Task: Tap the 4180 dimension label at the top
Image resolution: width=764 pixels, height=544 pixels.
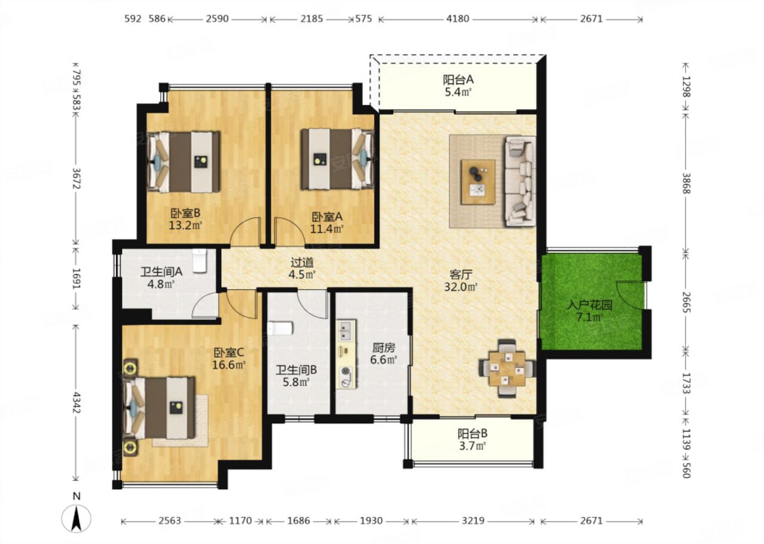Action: [x=458, y=19]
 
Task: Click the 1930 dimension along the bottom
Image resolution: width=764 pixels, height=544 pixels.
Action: [x=371, y=521]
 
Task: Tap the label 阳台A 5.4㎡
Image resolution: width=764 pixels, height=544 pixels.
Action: [x=458, y=86]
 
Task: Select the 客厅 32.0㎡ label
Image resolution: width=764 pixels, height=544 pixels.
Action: [x=460, y=280]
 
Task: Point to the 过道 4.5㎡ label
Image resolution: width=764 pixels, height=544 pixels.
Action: [x=302, y=268]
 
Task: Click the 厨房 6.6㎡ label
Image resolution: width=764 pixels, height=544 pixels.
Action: [x=384, y=354]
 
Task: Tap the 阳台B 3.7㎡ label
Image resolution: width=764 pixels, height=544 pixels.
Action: [x=472, y=440]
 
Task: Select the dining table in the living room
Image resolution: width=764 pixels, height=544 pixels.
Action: [x=507, y=368]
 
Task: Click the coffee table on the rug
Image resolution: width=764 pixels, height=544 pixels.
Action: [x=478, y=182]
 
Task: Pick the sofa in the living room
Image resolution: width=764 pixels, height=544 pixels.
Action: [x=520, y=181]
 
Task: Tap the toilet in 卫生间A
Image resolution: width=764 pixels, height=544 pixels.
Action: [x=199, y=261]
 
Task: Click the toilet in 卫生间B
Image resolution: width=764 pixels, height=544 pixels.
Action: [x=280, y=328]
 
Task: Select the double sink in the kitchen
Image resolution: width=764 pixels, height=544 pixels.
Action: [x=347, y=331]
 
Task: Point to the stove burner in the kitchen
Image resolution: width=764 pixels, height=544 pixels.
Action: [x=347, y=372]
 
